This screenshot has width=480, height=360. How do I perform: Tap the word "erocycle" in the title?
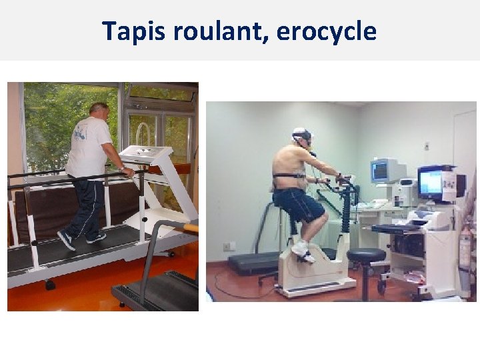tap(326, 31)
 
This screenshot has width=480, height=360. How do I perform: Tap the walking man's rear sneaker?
tap(66, 240)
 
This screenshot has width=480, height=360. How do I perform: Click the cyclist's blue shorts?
tap(298, 204)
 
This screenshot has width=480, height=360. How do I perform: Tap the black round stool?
tap(366, 257)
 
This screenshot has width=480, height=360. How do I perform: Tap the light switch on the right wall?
tap(427, 145)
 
